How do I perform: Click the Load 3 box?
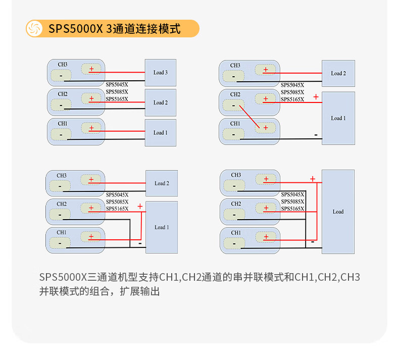pos(161,73)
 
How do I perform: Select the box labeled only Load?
pos(338,212)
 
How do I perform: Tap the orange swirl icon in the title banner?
pos(34,28)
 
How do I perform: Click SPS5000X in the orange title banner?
pos(75,29)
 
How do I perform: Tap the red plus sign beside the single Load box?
pos(313,179)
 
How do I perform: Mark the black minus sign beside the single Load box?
pos(313,242)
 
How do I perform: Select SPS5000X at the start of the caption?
pos(63,277)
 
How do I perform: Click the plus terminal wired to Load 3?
pos(91,70)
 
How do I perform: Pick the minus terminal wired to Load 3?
pos(61,76)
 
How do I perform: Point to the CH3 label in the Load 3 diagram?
pos(63,65)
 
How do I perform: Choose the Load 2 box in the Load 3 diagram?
pos(161,102)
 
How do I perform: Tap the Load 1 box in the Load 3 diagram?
pos(161,132)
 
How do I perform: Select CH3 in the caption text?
pos(350,277)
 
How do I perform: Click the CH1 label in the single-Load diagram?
pos(236,233)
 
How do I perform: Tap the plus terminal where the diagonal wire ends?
pos(266,128)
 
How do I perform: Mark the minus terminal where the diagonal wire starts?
pos(233,106)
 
